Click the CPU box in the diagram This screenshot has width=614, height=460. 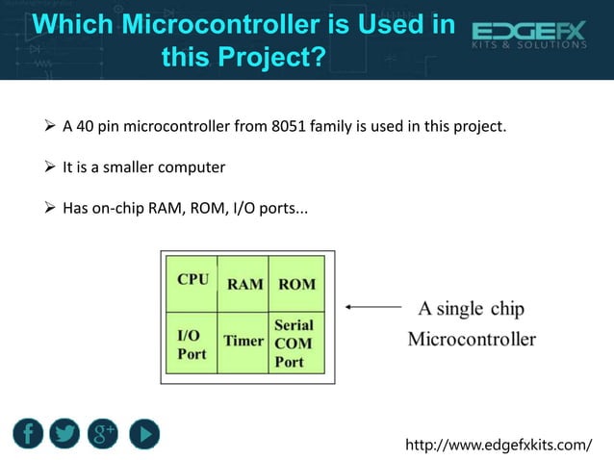tap(192, 282)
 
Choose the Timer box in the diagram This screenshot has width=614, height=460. tap(244, 342)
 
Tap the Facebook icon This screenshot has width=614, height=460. tap(28, 433)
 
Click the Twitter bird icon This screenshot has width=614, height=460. tap(65, 433)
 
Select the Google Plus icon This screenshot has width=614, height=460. tap(103, 433)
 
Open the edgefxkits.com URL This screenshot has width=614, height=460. tap(499, 444)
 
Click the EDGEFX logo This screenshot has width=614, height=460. tap(528, 36)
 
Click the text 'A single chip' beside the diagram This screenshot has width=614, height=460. tap(472, 309)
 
